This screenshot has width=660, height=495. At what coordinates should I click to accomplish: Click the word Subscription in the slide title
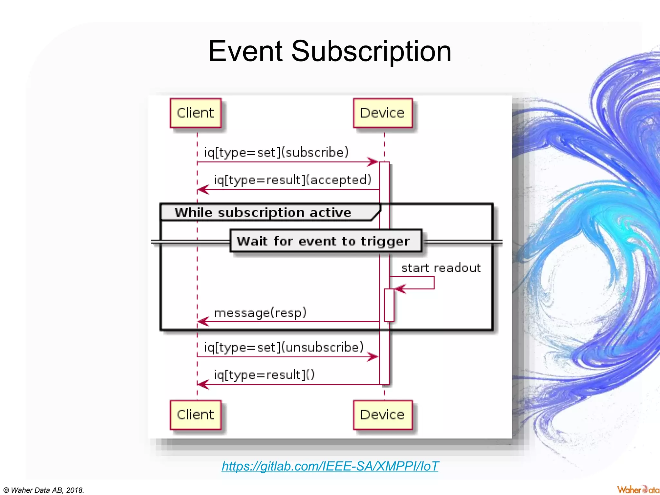[371, 52]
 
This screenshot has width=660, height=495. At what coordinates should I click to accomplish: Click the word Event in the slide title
[246, 52]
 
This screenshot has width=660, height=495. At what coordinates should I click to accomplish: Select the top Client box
[196, 113]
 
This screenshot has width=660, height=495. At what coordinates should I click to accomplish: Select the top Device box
[383, 113]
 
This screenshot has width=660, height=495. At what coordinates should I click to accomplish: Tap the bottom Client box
[196, 415]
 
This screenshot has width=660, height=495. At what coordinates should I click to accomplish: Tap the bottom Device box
[383, 415]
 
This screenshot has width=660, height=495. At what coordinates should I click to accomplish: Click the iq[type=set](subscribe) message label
[277, 152]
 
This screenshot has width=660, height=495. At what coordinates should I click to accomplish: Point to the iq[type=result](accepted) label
[293, 180]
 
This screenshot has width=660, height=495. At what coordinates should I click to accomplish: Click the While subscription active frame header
[263, 212]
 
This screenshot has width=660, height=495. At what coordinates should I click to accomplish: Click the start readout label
[441, 268]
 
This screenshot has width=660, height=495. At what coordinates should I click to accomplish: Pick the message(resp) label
[260, 313]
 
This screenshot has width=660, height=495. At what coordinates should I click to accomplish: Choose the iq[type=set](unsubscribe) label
[284, 347]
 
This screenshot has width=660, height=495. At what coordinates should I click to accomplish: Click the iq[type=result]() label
[264, 375]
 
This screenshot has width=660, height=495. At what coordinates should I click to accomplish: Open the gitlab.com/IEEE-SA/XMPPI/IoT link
[330, 466]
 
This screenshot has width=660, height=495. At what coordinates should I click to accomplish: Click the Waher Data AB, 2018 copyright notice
[44, 490]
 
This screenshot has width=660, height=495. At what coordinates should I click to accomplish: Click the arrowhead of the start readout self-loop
[400, 289]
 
